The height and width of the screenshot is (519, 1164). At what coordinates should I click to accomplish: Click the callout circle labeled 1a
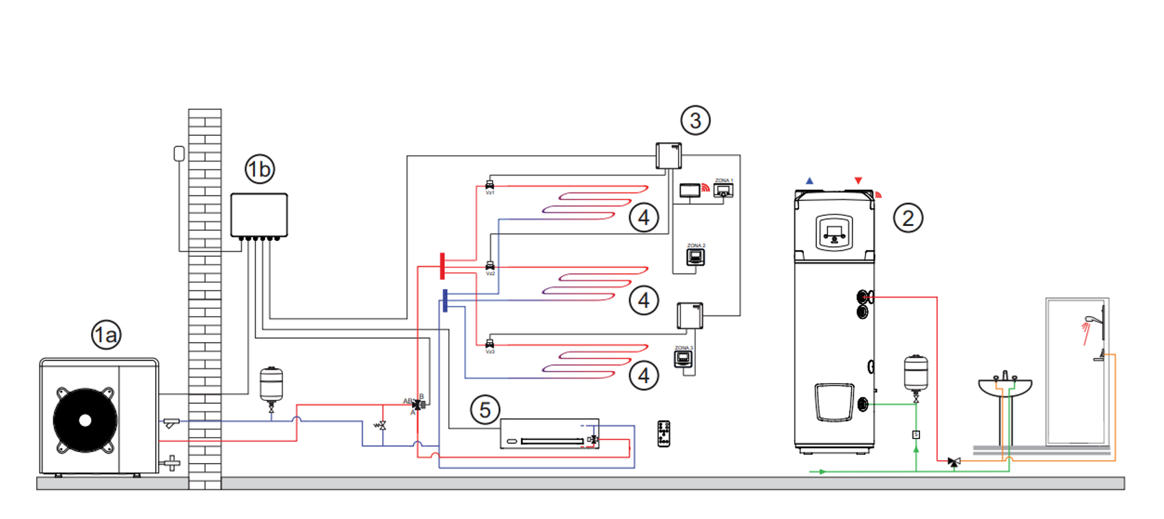coord(106,335)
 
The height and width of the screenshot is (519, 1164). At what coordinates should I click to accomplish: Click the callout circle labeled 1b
coord(259,169)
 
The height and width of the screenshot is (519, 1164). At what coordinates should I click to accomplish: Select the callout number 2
coord(908,218)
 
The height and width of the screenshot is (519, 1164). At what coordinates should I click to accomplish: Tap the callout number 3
coord(695,120)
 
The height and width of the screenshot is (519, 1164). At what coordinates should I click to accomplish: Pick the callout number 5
coord(485,410)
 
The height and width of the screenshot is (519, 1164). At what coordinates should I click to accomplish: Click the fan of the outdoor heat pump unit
coord(85,420)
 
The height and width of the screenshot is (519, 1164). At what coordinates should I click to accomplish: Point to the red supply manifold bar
coord(442,266)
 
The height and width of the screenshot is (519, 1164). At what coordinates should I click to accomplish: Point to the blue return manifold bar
coord(445,300)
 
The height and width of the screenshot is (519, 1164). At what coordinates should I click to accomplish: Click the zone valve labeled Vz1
coord(489,184)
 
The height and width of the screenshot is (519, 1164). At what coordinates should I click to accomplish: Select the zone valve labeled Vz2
coord(489,265)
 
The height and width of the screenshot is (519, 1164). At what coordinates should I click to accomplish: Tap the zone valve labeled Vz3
coord(489,343)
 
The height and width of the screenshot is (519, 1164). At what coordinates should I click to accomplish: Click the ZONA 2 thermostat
coord(695,257)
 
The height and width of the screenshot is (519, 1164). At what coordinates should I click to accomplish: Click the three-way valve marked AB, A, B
coord(417,405)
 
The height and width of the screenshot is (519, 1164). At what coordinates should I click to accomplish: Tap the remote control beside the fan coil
coord(664,434)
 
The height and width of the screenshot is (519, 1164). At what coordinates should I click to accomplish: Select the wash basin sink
coord(1004,387)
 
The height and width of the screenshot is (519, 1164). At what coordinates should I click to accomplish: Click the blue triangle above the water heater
coord(809,181)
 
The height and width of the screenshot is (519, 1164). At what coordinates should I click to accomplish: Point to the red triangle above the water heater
coord(858,181)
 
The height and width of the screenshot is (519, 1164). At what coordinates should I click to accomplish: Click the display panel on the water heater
coord(834,232)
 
